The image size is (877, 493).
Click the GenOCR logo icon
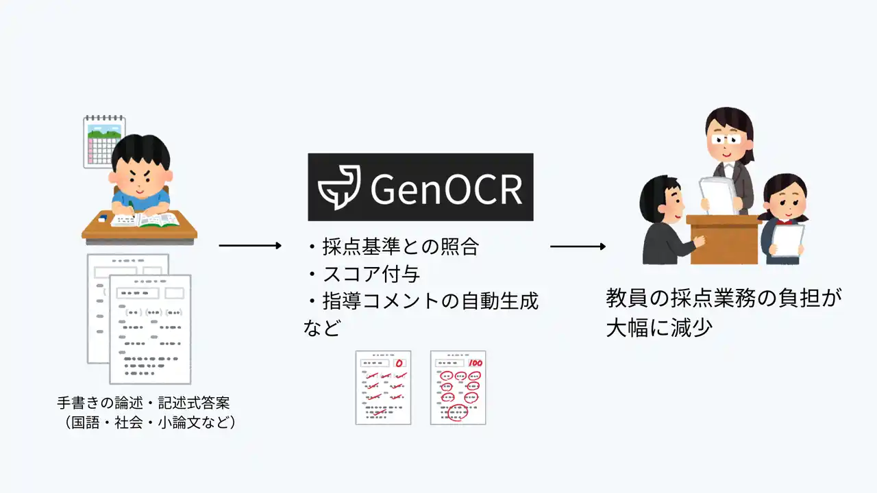point(339,188)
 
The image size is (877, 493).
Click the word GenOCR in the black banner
point(446,189)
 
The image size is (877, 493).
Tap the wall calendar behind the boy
point(104,142)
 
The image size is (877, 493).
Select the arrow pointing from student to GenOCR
point(250,246)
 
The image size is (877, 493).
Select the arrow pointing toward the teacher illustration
point(578,246)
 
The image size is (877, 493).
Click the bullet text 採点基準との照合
point(401,247)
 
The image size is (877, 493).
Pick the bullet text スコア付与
point(371,274)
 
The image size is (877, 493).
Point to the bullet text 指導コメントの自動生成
point(430,301)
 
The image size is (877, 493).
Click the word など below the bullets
point(322,327)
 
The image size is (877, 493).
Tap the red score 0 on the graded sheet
point(399,364)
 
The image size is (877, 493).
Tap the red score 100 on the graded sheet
point(475,363)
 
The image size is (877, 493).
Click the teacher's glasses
point(726,139)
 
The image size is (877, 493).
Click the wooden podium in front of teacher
point(724,240)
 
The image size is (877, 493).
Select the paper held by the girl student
point(788,240)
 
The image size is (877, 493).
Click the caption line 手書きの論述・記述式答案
point(143,403)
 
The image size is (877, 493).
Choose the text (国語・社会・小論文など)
point(151,422)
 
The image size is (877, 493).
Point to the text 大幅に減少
point(659,327)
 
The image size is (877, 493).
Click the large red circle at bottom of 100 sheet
point(458,412)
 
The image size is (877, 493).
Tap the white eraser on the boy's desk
point(102,219)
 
